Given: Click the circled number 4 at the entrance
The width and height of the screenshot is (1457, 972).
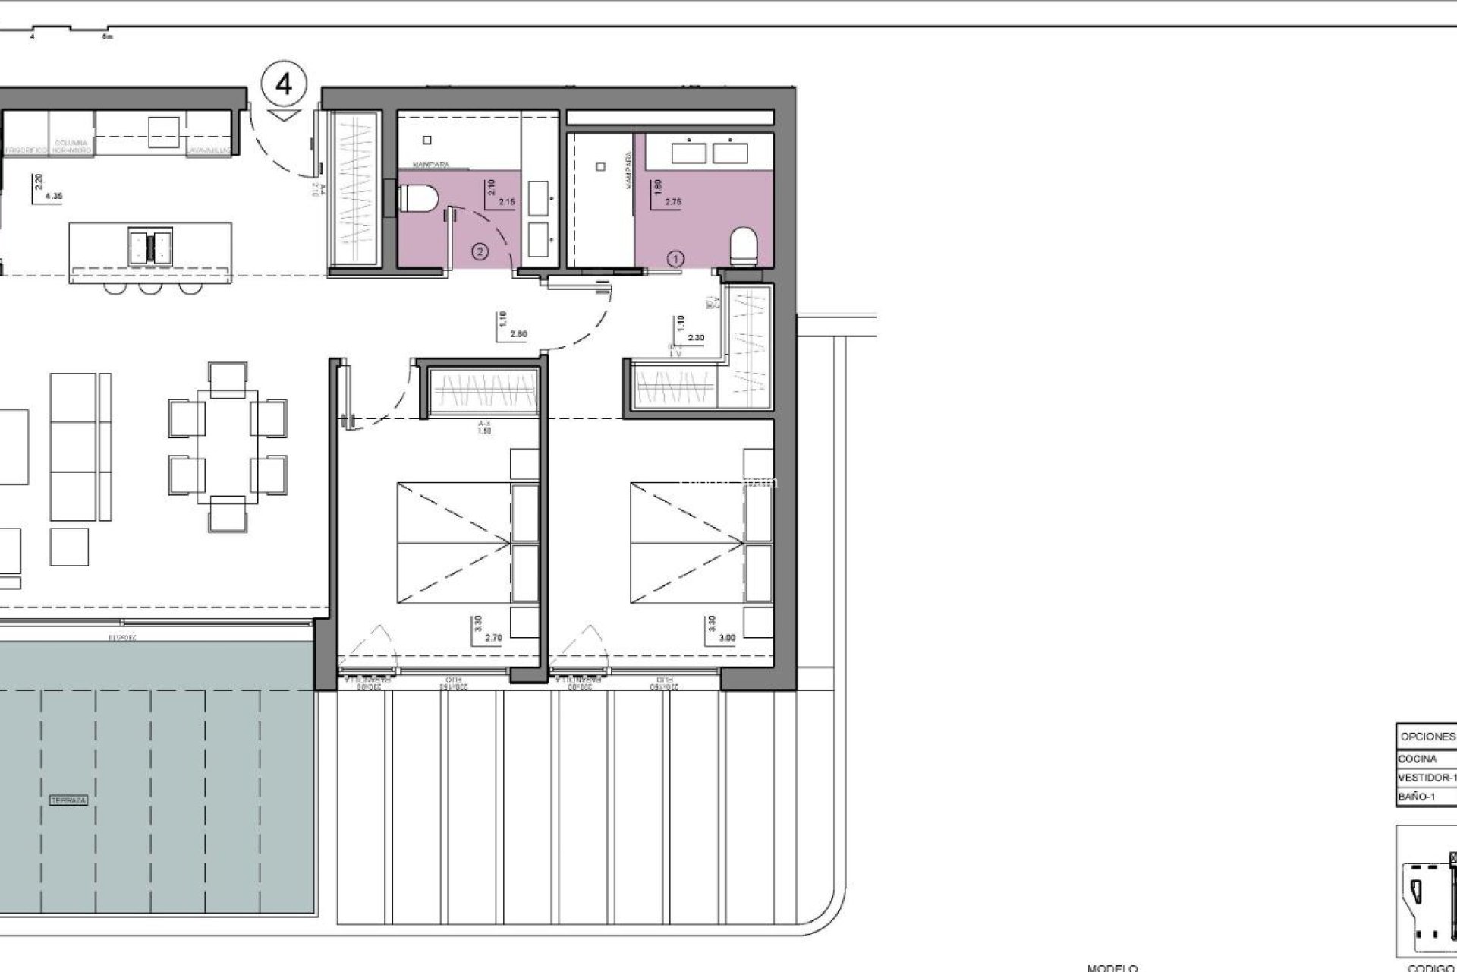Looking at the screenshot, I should tap(284, 84).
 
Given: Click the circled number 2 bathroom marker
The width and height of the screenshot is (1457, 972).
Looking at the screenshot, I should tap(480, 250).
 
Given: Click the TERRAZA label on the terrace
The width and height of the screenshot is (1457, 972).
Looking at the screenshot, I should tap(68, 800).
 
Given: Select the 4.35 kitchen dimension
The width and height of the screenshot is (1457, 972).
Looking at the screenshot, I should tap(54, 197).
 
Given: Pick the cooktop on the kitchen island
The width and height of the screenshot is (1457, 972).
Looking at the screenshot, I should tap(149, 245).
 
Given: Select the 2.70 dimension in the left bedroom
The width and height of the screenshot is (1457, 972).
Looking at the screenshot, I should tap(492, 639).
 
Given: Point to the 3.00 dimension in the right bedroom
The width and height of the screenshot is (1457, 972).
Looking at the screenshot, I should tap(726, 639).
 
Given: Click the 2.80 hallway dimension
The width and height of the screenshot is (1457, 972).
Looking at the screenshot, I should tap(519, 334).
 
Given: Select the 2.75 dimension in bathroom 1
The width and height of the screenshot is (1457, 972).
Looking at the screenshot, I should tap(672, 202).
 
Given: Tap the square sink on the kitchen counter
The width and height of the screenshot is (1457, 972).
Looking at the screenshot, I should tap(164, 131).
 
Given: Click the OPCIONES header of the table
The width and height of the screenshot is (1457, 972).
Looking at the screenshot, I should tap(1427, 737).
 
